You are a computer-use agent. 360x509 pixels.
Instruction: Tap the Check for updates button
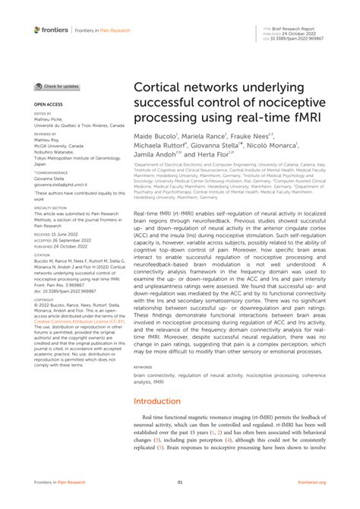(x=57, y=87)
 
